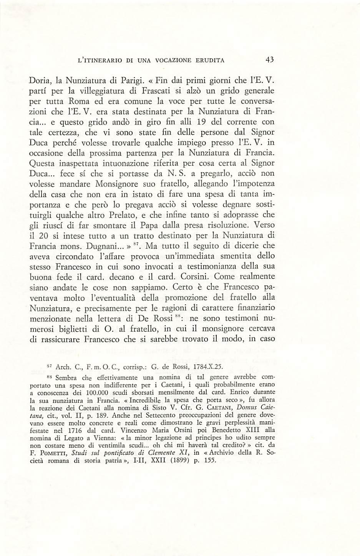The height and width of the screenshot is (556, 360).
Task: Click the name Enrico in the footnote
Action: pyautogui.click(x=246, y=392)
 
